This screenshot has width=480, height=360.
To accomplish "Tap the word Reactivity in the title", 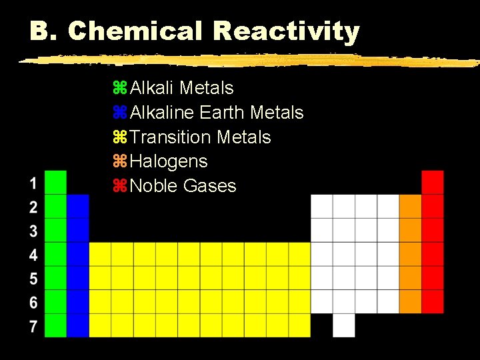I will [287, 31].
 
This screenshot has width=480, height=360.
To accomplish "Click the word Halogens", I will [169, 161].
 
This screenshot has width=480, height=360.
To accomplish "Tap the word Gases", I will [209, 186].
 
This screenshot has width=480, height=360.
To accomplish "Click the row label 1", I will [33, 182].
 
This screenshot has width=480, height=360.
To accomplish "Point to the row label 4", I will [33, 255].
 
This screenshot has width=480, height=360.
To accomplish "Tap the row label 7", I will [33, 326].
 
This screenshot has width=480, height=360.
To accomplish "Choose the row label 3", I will [33, 231].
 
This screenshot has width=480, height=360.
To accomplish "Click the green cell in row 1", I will [56, 182].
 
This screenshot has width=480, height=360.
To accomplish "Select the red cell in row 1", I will [433, 182].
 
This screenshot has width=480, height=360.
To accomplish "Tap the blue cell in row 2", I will [78, 206].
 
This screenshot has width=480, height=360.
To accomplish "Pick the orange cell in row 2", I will [410, 206].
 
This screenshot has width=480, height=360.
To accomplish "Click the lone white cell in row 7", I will [344, 325].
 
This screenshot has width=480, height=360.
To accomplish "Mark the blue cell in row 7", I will [78, 325].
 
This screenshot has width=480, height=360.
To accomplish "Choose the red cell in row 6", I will [433, 301].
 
